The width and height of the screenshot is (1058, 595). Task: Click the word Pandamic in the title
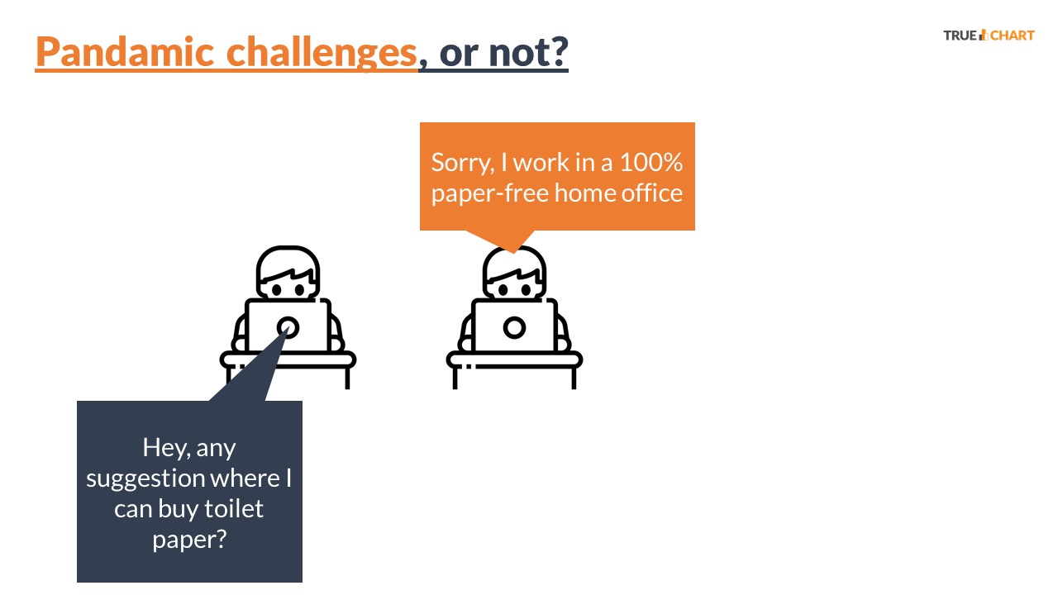pyautogui.click(x=125, y=51)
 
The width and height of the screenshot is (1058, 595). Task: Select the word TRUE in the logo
pyautogui.click(x=960, y=36)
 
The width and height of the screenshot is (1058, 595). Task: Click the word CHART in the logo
pyautogui.click(x=1013, y=36)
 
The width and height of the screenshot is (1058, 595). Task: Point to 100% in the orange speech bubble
pyautogui.click(x=651, y=162)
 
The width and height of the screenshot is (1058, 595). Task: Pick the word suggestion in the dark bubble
pyautogui.click(x=145, y=479)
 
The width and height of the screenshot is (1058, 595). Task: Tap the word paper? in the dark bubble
pyautogui.click(x=189, y=540)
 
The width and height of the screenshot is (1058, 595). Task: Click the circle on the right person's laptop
pyautogui.click(x=514, y=327)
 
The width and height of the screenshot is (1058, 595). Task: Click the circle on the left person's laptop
pyautogui.click(x=288, y=327)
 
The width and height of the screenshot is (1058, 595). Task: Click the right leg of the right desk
pyautogui.click(x=574, y=378)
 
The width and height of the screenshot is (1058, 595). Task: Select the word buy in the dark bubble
pyautogui.click(x=177, y=510)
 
